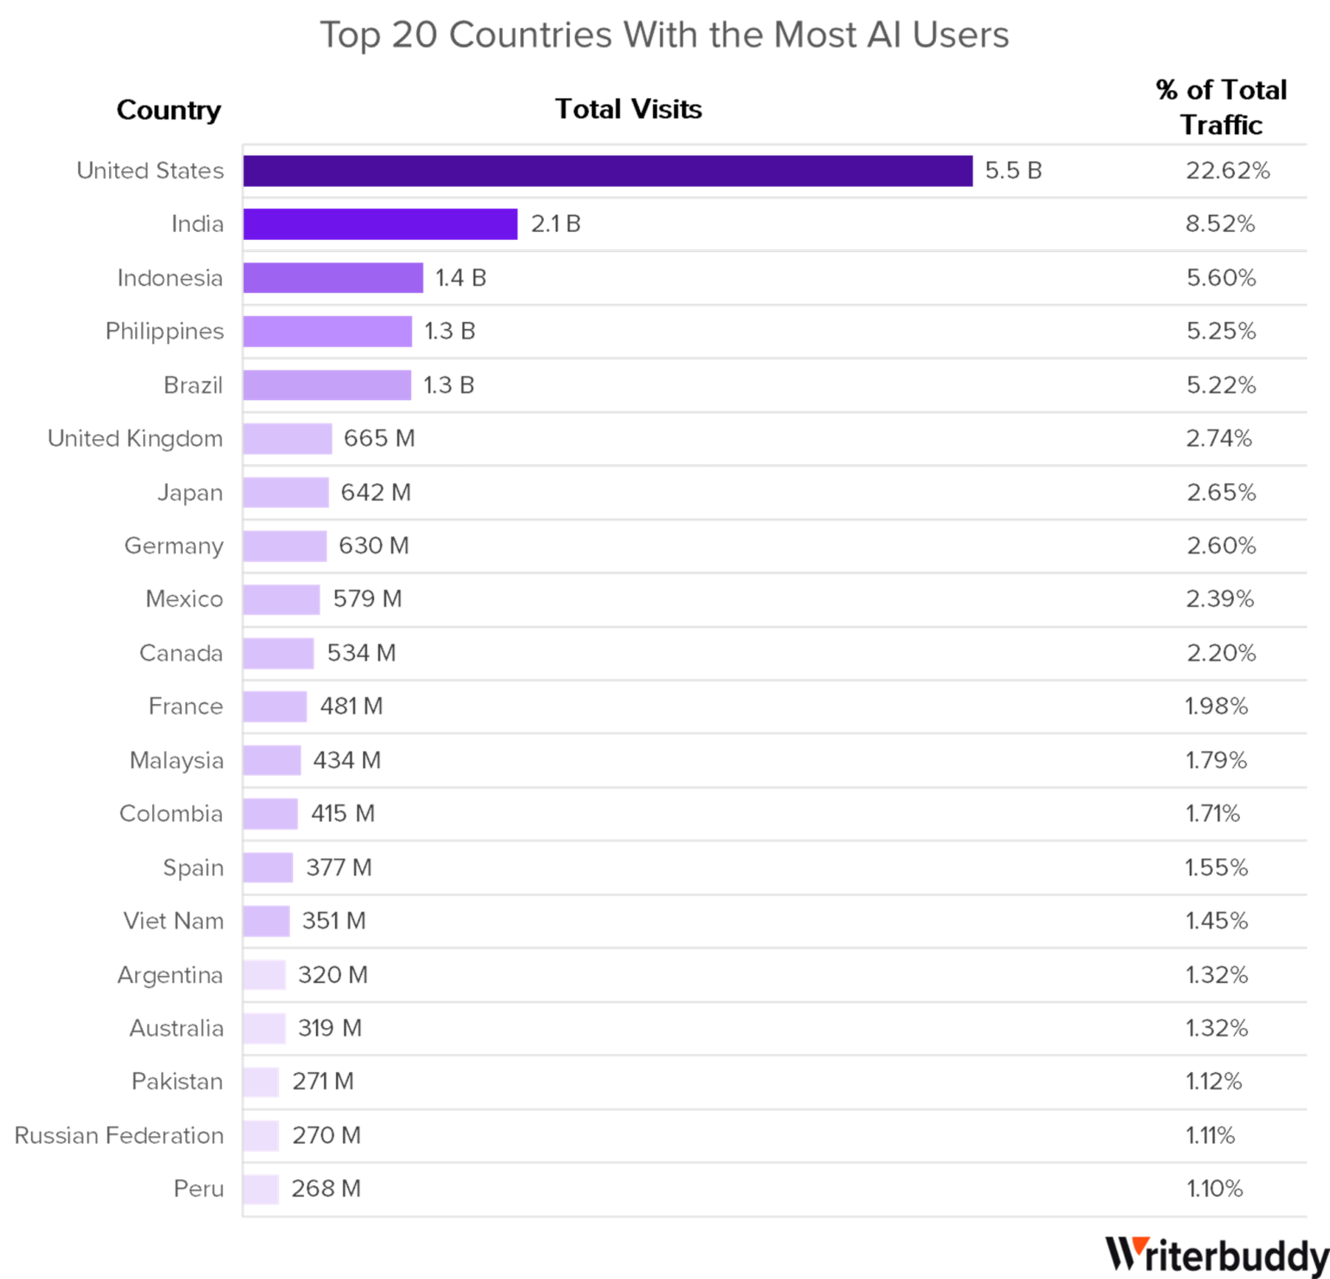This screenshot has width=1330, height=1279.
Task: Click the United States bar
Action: tap(608, 171)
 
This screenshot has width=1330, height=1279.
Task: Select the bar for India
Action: tap(381, 224)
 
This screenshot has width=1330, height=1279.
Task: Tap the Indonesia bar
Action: tap(333, 278)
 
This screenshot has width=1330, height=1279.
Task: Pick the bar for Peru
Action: tap(261, 1189)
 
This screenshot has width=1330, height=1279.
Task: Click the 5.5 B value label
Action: tap(1013, 171)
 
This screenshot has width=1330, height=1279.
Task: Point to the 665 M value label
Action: tap(378, 439)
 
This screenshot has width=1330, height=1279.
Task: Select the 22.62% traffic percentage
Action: tap(1227, 171)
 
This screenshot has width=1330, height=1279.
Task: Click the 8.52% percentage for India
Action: tap(1220, 224)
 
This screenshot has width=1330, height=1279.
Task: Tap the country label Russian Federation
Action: tap(119, 1135)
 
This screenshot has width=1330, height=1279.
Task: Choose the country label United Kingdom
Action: tap(135, 439)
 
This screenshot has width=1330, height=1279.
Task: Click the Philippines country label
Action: tap(165, 332)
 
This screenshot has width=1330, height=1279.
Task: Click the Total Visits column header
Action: tap(629, 109)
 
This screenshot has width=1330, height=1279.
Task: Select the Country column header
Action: tap(168, 111)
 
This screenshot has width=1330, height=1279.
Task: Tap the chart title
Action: tap(664, 36)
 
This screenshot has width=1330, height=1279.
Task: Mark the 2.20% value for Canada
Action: tap(1221, 653)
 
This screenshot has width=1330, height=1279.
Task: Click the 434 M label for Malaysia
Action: tap(346, 760)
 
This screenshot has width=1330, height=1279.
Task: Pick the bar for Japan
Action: tap(287, 493)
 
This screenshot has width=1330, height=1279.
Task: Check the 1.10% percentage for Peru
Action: tap(1214, 1189)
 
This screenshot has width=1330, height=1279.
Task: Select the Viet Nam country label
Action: tap(173, 920)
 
